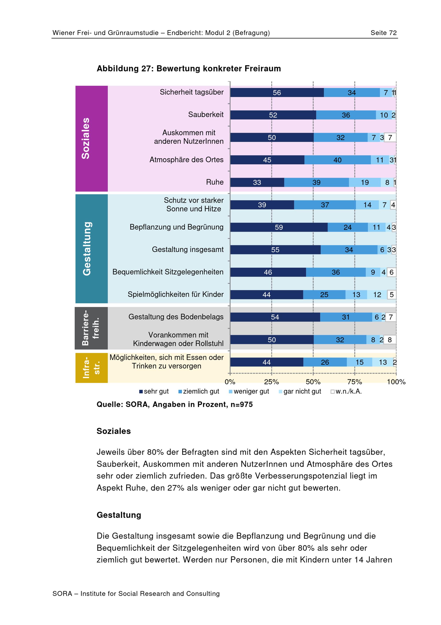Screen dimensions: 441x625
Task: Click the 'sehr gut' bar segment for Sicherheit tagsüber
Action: pyautogui.click(x=277, y=93)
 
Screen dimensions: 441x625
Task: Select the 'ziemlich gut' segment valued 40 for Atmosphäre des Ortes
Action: pyautogui.click(x=337, y=160)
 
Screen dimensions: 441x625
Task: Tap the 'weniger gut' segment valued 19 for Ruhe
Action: pyautogui.click(x=365, y=182)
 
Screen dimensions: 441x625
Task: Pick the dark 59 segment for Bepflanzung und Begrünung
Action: pyautogui.click(x=279, y=227)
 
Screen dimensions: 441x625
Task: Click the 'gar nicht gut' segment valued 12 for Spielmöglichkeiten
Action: pyautogui.click(x=377, y=295)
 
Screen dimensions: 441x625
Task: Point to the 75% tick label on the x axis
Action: pyautogui.click(x=355, y=382)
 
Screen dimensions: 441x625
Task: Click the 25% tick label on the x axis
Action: pyautogui.click(x=271, y=382)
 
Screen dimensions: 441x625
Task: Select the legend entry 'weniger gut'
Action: pyautogui.click(x=249, y=391)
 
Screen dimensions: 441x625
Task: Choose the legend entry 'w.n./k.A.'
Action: pyautogui.click(x=346, y=391)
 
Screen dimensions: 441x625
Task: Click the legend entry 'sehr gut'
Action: pyautogui.click(x=154, y=391)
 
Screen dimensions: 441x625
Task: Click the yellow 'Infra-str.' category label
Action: pyautogui.click(x=91, y=367)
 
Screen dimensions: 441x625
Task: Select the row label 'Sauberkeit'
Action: pyautogui.click(x=206, y=115)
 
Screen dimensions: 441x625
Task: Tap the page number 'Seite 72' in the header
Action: pyautogui.click(x=384, y=33)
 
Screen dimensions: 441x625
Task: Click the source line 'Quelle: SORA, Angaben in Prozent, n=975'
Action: pyautogui.click(x=175, y=405)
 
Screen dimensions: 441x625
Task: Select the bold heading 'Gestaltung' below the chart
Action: pyautogui.click(x=119, y=515)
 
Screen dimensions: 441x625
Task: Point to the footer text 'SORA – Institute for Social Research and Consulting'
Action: pyautogui.click(x=136, y=594)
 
